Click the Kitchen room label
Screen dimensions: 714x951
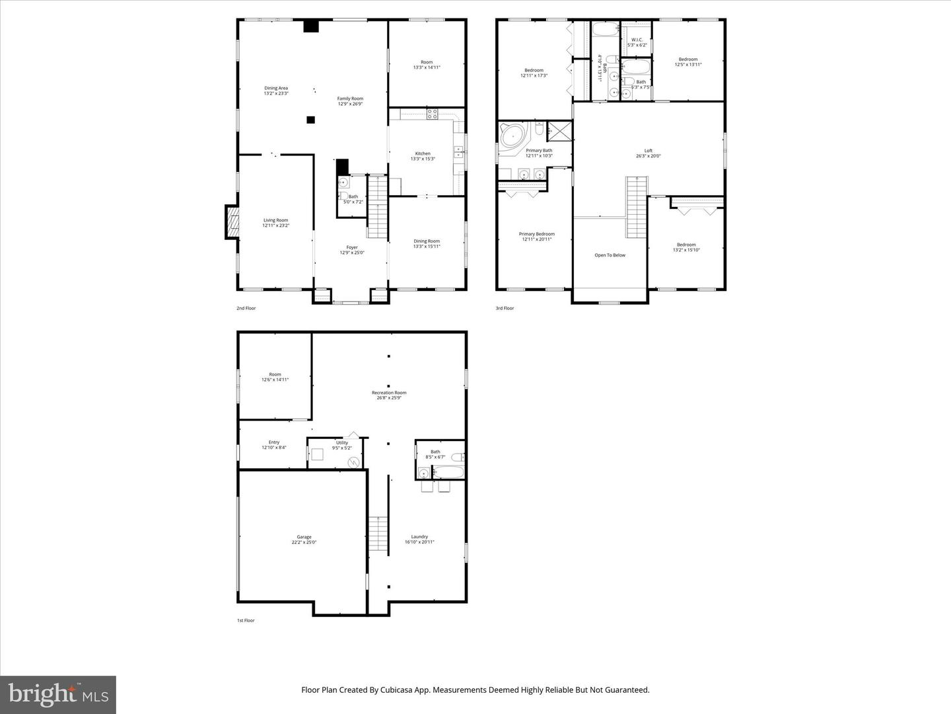coord(423,154)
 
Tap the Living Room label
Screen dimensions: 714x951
coord(275,221)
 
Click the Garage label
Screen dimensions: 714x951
coord(304,537)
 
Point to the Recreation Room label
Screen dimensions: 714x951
coord(389,393)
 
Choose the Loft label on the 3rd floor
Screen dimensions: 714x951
coord(648,151)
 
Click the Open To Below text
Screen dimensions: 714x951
coord(610,255)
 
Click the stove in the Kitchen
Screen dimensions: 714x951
coord(432,113)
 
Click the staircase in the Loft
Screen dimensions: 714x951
coord(636,208)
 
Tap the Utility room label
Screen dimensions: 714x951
coord(341,443)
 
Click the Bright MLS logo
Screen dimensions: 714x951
coord(58,695)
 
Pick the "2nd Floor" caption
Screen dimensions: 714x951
coord(246,308)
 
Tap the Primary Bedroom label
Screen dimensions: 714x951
coord(536,234)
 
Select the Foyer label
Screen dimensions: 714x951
coord(352,248)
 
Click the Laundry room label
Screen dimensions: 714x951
coord(419,537)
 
